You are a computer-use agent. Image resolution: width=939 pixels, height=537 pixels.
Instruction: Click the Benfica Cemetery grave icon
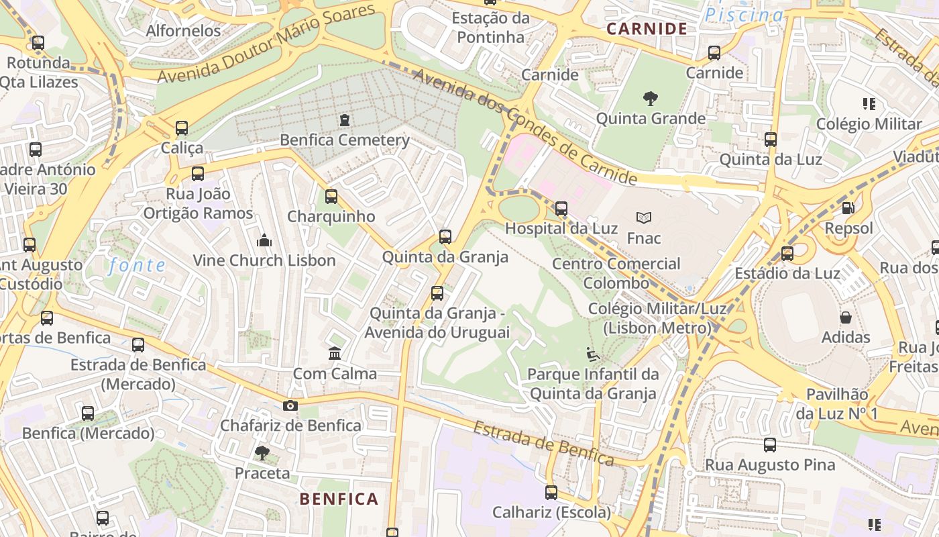coord(345,120)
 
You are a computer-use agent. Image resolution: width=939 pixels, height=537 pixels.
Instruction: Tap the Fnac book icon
coord(644,217)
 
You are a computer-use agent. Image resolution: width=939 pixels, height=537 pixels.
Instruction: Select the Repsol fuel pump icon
coord(848,208)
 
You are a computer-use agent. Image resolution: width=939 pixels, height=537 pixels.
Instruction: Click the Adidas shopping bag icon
coord(846,317)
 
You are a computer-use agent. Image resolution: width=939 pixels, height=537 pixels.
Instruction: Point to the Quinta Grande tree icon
coord(650,99)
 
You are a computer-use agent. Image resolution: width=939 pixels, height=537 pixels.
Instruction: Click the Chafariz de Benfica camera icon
coord(290,405)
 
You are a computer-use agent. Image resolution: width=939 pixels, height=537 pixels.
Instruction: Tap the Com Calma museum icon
coord(335,353)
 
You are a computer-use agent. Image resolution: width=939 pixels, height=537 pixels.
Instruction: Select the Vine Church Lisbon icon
coord(264,240)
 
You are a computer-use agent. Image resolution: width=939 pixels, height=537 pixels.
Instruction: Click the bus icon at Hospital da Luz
coord(561,209)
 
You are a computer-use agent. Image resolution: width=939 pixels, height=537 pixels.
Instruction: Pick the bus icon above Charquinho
coord(331,197)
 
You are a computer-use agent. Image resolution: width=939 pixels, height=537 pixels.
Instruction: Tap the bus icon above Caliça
coord(182,128)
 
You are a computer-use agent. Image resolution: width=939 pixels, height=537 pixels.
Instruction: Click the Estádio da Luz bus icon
coord(787,254)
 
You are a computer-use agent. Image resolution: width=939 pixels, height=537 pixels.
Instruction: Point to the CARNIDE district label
coord(647,28)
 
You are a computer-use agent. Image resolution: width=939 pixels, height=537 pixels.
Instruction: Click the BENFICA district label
coord(339,499)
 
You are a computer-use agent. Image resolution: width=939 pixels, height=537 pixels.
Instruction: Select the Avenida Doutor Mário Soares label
coord(266,44)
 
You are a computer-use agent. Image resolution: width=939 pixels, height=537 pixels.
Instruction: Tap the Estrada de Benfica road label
coord(544,444)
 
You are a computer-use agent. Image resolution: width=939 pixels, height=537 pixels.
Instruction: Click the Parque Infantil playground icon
coord(593,354)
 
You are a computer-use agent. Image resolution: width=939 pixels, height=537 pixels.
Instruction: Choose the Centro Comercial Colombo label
coord(616,273)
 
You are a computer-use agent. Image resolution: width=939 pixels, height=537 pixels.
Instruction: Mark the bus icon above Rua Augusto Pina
coord(770,444)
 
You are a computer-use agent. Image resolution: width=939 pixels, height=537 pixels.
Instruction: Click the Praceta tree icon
coord(262,453)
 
